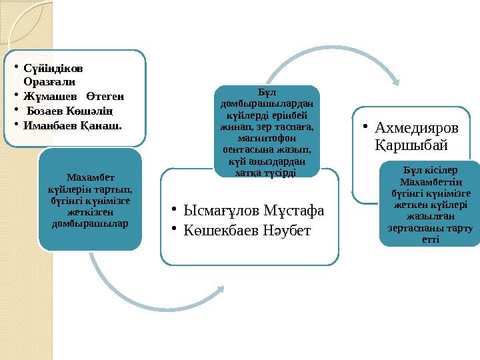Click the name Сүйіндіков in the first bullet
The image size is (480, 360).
click(54, 69)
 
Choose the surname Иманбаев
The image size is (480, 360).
click(50, 125)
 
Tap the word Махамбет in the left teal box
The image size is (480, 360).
click(91, 177)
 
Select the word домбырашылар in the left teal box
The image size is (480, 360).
click(91, 222)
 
